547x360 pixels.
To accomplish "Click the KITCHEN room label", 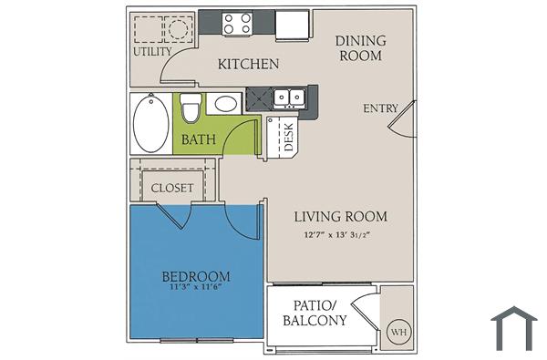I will pos(248,65).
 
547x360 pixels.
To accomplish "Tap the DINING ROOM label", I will pos(360,48).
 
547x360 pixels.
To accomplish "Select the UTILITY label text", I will pos(152,52).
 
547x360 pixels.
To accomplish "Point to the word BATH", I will pos(198,140).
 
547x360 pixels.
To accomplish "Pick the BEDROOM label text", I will pos(195,276).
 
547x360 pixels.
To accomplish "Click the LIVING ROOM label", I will pos(341,217).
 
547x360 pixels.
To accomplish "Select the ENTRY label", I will pos(381,108).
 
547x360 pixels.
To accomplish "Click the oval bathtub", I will pos(150,125).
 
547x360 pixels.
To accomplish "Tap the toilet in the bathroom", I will pos(190,108).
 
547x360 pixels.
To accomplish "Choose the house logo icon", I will pos(513,328).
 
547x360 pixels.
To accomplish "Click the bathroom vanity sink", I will pos(223,104).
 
